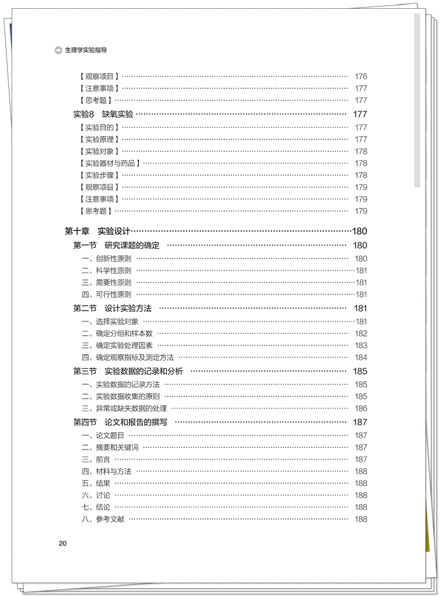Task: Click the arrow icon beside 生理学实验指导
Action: [x=59, y=49]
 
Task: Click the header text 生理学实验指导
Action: [x=86, y=49]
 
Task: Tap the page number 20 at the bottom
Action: [x=63, y=543]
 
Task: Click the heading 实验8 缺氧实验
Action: [x=103, y=114]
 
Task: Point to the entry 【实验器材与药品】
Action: [x=109, y=163]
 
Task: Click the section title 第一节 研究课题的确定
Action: [x=116, y=245]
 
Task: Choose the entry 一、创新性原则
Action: [x=106, y=258]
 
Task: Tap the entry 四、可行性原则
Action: [x=106, y=294]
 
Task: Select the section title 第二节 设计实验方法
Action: [x=112, y=308]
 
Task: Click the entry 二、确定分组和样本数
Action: [x=117, y=333]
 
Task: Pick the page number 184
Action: [x=360, y=358]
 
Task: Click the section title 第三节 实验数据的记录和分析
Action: [x=128, y=371]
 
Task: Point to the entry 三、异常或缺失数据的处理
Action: [x=124, y=408]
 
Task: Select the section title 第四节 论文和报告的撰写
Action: [x=120, y=422]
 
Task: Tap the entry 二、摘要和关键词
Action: [x=110, y=447]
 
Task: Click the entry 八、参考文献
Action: [x=102, y=519]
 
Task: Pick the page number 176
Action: [x=360, y=76]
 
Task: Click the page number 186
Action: [x=360, y=408]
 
